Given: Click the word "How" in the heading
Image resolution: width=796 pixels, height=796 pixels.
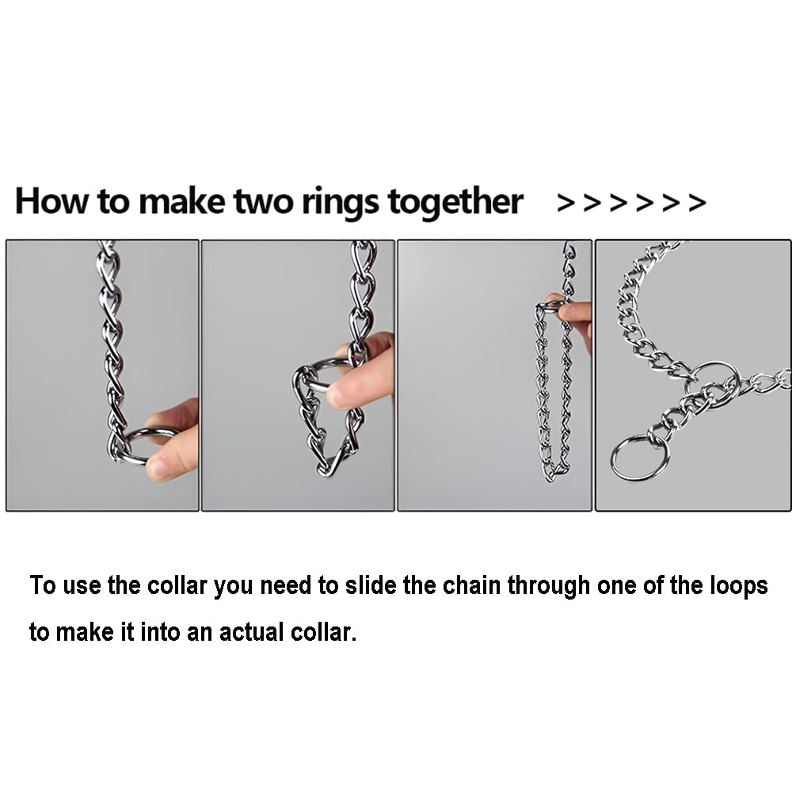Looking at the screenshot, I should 51,201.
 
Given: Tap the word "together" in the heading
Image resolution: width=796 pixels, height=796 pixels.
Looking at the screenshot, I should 455,201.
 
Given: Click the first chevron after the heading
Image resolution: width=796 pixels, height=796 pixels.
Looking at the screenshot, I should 566,203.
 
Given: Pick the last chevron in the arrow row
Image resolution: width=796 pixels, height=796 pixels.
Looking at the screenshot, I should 697,203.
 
